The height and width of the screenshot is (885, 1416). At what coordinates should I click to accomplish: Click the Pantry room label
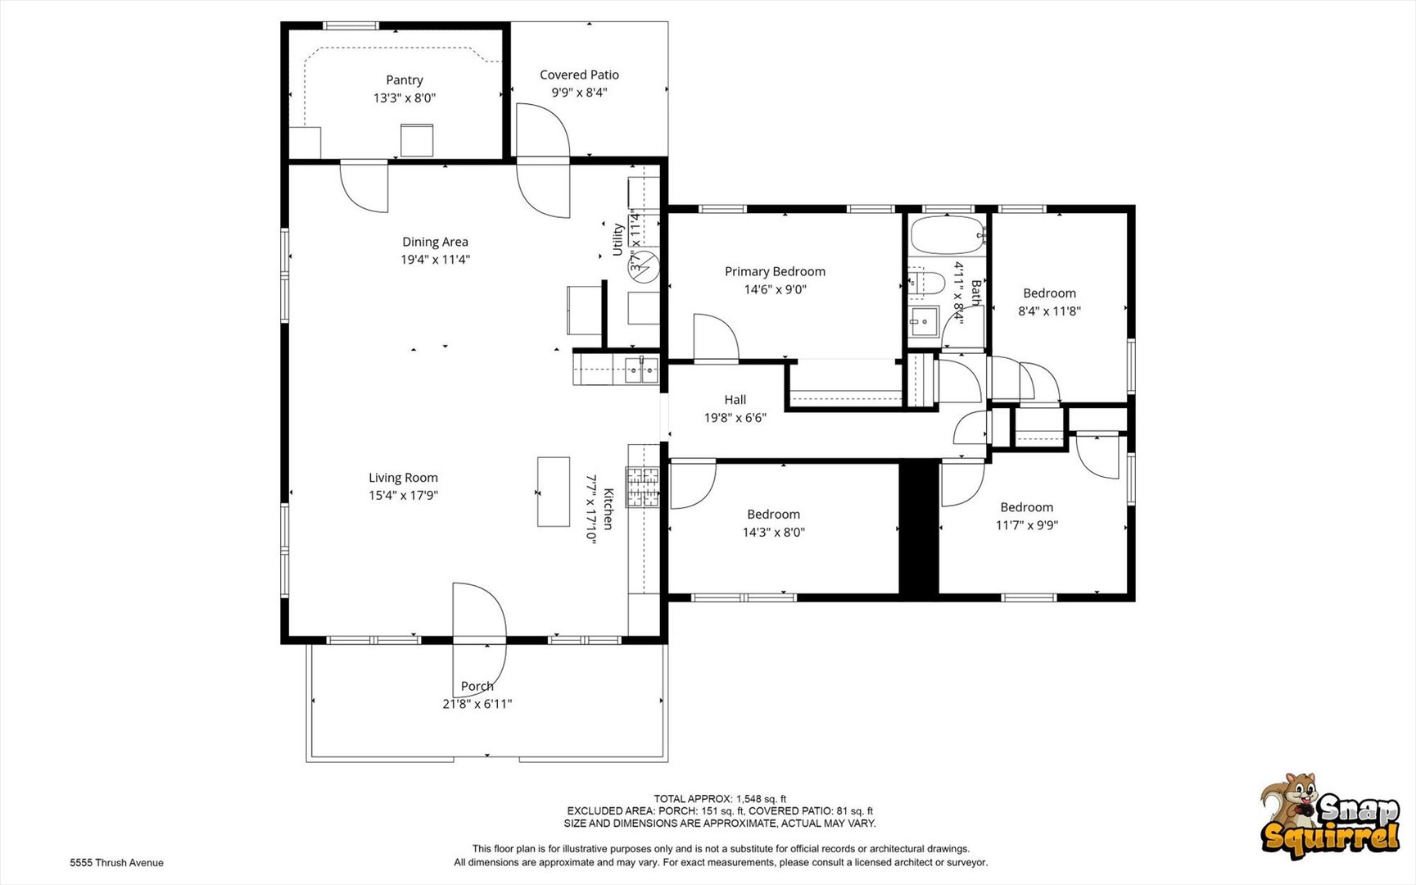(x=405, y=80)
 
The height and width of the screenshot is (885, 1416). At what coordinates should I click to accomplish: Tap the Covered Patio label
(x=579, y=75)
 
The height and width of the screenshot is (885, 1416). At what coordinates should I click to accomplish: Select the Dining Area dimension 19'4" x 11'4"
(x=435, y=260)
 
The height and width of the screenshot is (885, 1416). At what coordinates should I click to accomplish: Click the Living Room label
(x=403, y=478)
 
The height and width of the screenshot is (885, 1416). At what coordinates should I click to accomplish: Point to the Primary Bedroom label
(x=775, y=271)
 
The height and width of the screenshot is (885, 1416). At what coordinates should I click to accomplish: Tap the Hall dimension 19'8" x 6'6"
(x=735, y=418)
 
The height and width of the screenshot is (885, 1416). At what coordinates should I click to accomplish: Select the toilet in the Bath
(x=927, y=283)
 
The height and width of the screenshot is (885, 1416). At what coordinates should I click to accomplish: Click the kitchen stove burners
(x=643, y=487)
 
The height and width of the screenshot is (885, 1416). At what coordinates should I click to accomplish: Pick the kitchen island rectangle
(x=554, y=492)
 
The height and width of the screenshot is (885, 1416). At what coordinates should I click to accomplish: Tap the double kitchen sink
(x=641, y=370)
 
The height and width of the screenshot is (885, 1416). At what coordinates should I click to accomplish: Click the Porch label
(x=477, y=687)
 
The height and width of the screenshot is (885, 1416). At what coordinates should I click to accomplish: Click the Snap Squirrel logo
(x=1330, y=815)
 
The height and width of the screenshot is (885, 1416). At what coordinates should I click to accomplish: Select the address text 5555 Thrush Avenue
(x=116, y=863)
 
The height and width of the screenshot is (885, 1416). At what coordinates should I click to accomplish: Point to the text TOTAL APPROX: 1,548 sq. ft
(x=720, y=799)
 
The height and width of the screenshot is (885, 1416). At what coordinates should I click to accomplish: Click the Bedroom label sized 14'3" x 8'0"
(x=773, y=515)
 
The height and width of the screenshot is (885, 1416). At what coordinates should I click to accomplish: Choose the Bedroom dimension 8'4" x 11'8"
(x=1049, y=311)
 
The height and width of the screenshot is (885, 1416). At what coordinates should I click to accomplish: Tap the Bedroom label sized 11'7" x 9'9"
(x=1026, y=507)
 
